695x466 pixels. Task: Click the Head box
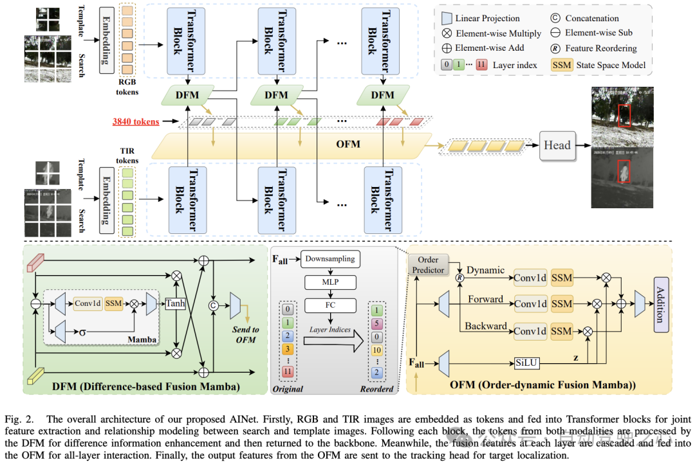557,145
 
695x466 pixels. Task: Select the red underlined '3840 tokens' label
136,120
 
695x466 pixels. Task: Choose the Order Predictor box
429,265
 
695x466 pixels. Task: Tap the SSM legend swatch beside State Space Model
562,65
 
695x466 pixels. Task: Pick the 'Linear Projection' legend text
488,19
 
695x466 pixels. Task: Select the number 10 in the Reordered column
377,350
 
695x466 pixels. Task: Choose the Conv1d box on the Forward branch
531,303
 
